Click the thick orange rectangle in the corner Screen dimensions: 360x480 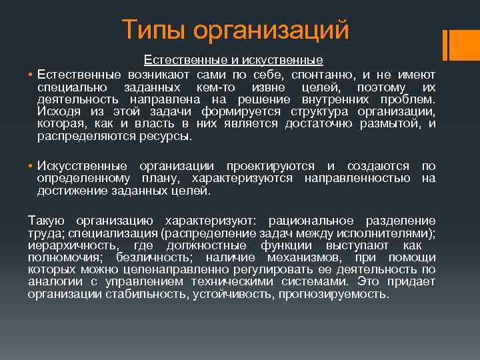pyautogui.click(x=458, y=44)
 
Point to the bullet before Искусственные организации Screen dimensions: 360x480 pyautogui.click(x=31, y=166)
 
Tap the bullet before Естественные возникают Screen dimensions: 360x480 pyautogui.click(x=31, y=74)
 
